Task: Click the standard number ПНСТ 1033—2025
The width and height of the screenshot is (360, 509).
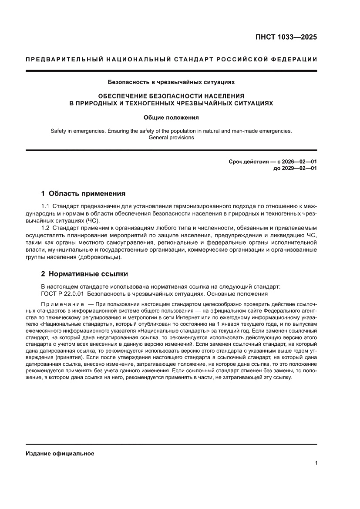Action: (286, 37)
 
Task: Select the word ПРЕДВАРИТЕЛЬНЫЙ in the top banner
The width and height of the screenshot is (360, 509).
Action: (59, 60)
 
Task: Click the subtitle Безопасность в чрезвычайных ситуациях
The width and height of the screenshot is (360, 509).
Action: (171, 81)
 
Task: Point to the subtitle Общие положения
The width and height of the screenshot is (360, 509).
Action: (171, 117)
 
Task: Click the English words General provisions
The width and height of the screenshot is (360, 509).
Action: (171, 137)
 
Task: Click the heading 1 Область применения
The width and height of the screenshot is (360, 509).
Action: (83, 193)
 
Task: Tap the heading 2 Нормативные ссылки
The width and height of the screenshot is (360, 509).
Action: (84, 274)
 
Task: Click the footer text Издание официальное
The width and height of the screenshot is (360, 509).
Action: (60, 453)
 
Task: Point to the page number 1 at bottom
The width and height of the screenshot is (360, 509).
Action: (316, 463)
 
